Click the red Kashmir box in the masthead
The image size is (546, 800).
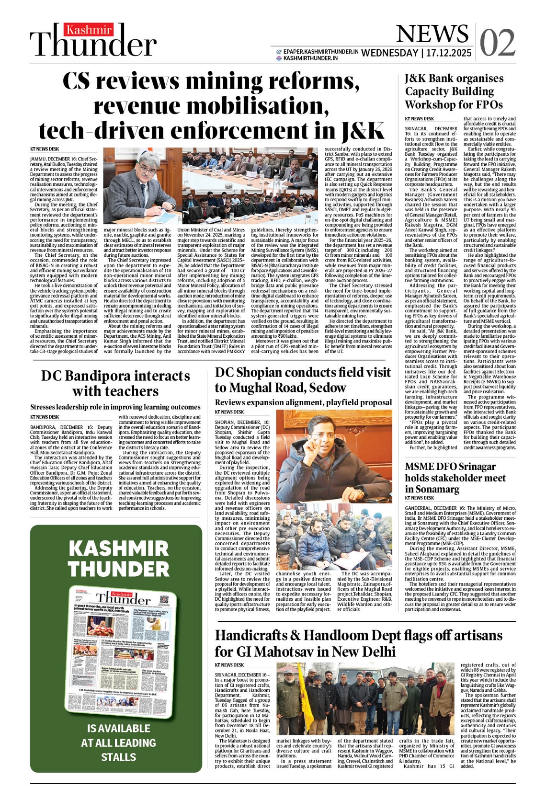coord(89,30)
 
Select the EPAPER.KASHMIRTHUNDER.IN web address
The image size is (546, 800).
coord(320,51)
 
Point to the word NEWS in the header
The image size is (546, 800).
coord(432,34)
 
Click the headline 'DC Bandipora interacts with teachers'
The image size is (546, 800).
coord(115,383)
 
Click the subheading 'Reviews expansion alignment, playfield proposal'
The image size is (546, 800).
coord(303,402)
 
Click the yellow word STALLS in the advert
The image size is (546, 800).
coord(118,757)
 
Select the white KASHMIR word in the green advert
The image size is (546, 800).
coord(118,549)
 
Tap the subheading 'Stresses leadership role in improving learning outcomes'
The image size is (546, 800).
coord(115,407)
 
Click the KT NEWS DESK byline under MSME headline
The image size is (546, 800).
coord(419,498)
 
